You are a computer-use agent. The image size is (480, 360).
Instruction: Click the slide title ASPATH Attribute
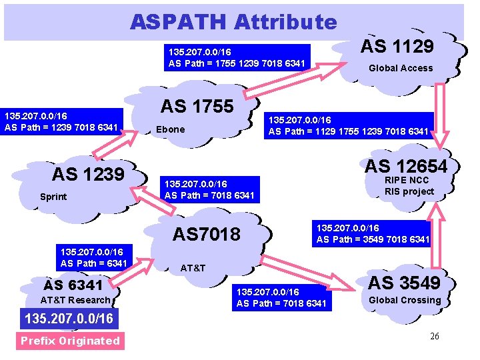pos(233,22)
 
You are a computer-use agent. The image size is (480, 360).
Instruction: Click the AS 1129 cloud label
pos(397,46)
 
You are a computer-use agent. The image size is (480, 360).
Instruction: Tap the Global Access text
pos(401,68)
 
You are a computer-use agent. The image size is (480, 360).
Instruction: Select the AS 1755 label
pos(197,106)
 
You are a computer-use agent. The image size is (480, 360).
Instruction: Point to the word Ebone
pos(170,129)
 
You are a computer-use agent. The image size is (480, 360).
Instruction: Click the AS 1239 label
pos(89,175)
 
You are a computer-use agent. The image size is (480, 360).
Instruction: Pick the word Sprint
pos(53,197)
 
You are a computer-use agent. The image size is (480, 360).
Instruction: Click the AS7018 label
pos(207,234)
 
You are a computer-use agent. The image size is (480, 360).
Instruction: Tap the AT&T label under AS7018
pos(193,268)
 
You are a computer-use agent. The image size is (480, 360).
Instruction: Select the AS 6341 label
pos(73,285)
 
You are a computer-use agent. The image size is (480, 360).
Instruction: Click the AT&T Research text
pos(75,300)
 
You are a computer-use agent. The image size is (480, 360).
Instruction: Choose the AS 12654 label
pos(406,166)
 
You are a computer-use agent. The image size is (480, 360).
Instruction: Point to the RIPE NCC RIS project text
pos(409,186)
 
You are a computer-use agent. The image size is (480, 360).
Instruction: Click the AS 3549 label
pos(405,283)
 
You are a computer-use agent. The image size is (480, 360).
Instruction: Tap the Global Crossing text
pos(405,300)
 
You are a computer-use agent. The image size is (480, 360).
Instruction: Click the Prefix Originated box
pos(70,341)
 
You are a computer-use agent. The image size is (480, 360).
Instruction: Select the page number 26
pos(435,336)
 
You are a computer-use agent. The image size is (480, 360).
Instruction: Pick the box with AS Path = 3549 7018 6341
pos(373,234)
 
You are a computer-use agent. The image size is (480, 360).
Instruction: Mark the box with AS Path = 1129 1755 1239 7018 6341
pos(348,126)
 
